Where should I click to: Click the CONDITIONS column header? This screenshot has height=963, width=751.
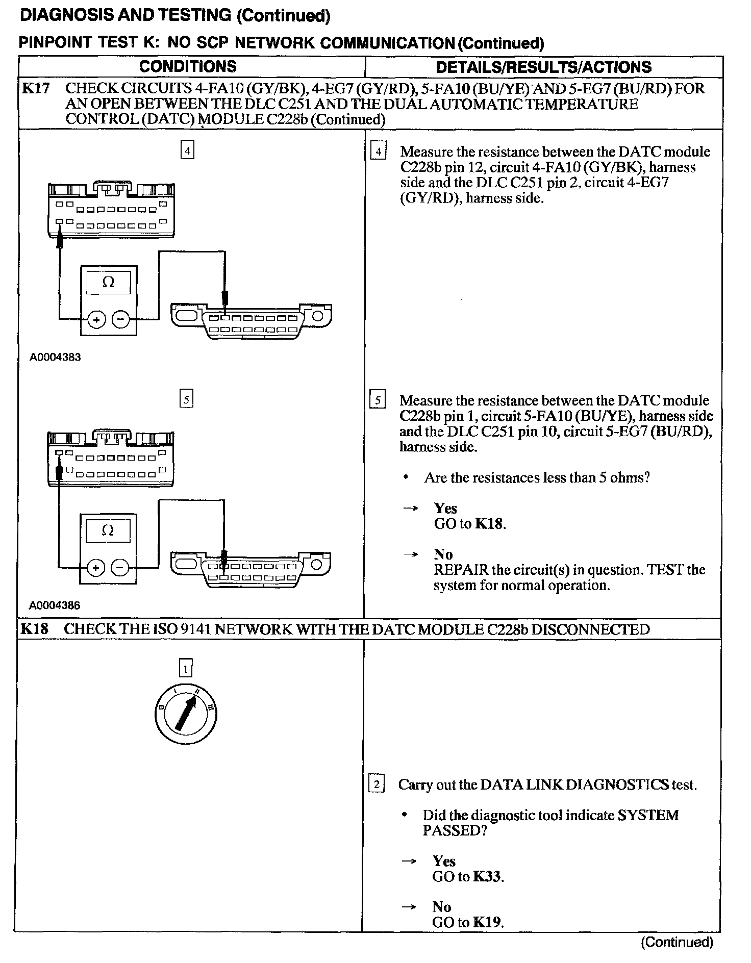tap(188, 67)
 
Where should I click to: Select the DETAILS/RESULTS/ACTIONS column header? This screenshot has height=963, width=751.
tap(543, 67)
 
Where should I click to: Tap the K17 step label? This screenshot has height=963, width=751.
tap(35, 88)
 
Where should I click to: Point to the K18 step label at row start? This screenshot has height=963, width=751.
tap(34, 629)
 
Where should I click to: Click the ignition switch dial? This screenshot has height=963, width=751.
tap(186, 713)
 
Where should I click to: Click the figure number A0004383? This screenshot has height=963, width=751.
tap(55, 357)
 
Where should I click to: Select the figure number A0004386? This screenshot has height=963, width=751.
tap(55, 605)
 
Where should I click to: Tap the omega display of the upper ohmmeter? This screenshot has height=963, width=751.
tap(108, 282)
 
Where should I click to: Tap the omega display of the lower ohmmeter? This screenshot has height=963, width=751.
tap(108, 530)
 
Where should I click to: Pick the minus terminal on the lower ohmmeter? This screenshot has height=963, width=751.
tap(120, 568)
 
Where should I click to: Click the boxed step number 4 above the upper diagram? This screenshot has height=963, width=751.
tap(188, 151)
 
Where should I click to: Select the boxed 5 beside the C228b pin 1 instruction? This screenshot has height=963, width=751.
tap(378, 400)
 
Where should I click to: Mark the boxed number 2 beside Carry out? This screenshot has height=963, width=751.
tap(377, 784)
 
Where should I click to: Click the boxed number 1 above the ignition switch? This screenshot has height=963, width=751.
tap(186, 668)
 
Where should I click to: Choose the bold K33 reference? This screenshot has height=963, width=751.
tap(487, 877)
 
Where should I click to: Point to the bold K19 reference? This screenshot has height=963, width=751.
tap(487, 922)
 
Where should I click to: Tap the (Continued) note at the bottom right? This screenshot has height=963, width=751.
tap(677, 942)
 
